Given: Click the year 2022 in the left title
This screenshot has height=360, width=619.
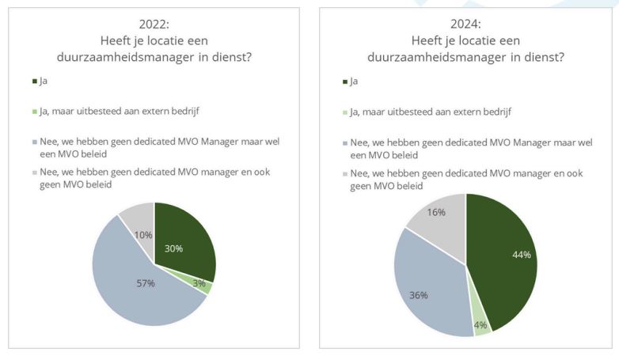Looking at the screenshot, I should coord(154,23).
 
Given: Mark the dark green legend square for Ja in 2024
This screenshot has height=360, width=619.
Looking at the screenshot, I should coord(345,81).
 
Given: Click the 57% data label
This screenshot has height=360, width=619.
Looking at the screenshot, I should coord(145,284).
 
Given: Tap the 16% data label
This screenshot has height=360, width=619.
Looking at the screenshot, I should coord(437,212).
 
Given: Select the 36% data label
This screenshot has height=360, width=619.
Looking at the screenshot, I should coord(418,295).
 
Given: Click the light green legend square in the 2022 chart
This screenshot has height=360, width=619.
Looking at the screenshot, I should coord(34,112).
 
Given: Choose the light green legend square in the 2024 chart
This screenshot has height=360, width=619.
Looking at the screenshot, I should coord(345,112).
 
